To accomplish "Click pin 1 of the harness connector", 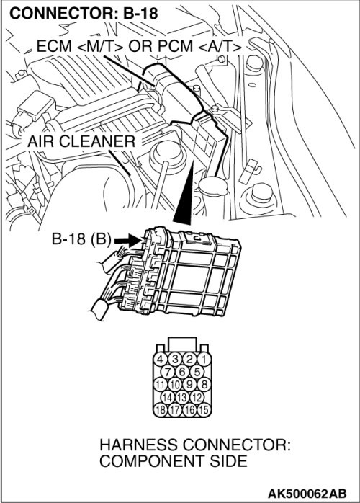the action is pyautogui.click(x=204, y=359).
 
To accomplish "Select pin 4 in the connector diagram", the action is pyautogui.click(x=161, y=359).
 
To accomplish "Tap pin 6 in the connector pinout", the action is pyautogui.click(x=182, y=372).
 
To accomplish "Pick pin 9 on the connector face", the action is pyautogui.click(x=189, y=384).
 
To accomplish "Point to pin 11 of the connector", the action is pyautogui.click(x=161, y=384).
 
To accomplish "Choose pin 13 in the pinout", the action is pyautogui.click(x=182, y=397).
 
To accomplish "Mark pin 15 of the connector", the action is pyautogui.click(x=204, y=409).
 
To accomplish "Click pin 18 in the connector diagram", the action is pyautogui.click(x=161, y=409).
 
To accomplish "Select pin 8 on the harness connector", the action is pyautogui.click(x=204, y=384).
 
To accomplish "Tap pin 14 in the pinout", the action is pyautogui.click(x=168, y=397).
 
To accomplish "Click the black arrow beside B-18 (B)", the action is pyautogui.click(x=127, y=240).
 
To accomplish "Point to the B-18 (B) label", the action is pyautogui.click(x=81, y=239).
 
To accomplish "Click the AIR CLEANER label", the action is pyautogui.click(x=81, y=141).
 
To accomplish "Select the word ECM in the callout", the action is pyautogui.click(x=54, y=46).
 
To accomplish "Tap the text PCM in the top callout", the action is pyautogui.click(x=176, y=46).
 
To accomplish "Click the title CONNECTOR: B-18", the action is pyautogui.click(x=84, y=14).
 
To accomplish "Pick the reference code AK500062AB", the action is pyautogui.click(x=307, y=493).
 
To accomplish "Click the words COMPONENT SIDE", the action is pyautogui.click(x=173, y=461).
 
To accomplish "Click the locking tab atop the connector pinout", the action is pyautogui.click(x=182, y=344).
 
